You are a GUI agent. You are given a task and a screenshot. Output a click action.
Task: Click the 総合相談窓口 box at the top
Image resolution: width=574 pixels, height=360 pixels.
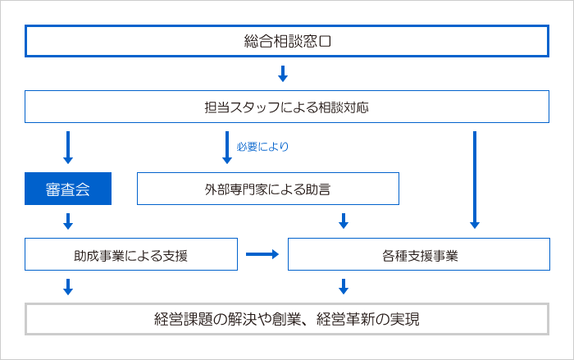pos(287,41)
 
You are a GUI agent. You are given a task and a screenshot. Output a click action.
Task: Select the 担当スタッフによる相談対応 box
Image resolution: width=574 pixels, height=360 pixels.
pos(287,107)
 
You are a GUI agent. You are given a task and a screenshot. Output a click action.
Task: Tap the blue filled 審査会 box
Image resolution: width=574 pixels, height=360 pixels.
pos(68,189)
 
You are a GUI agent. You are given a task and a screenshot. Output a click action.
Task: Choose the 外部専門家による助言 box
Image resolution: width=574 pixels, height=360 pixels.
pos(267,189)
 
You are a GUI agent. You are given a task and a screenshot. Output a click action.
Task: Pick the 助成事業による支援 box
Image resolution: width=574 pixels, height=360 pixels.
pos(131,255)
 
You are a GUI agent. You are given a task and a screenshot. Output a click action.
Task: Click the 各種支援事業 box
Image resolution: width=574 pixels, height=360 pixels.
pos(419,255)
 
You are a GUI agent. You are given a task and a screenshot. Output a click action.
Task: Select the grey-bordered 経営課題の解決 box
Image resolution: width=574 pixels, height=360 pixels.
pos(287,319)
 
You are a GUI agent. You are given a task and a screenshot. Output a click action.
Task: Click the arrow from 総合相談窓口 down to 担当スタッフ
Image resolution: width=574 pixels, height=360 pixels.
pos(283,74)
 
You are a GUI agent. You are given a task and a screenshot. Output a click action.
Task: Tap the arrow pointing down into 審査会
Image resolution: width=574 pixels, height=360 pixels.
pos(68,147)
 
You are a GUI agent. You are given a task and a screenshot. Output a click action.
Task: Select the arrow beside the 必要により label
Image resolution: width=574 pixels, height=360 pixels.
pos(227,147)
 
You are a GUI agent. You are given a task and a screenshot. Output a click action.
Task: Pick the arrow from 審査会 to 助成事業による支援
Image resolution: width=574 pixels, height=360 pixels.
pos(68,221)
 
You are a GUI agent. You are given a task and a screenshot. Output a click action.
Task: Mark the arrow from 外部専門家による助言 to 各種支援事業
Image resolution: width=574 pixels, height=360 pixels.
pos(344,221)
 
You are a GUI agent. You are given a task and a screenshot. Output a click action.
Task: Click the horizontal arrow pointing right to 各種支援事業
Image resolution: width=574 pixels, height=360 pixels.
pos(262,255)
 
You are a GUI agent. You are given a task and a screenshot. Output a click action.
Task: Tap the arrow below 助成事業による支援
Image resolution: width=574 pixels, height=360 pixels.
pos(68,286)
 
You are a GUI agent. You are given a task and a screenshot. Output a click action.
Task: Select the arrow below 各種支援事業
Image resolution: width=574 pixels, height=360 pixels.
pos(344,286)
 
